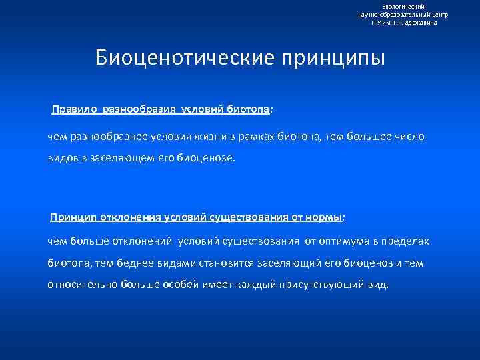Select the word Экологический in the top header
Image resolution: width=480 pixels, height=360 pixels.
coord(403,6)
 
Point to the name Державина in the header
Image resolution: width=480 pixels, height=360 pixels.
coord(422,22)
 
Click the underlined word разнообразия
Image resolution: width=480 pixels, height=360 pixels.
coord(133,108)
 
